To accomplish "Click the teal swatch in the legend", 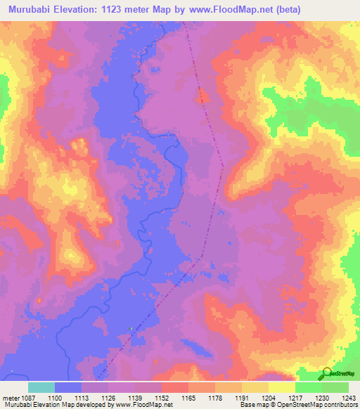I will point(41,387).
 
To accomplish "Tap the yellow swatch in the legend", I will point(281,387).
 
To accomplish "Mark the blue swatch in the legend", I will point(67,387).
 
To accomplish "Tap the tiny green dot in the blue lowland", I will point(131,327).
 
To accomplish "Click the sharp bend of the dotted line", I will point(223,167).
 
